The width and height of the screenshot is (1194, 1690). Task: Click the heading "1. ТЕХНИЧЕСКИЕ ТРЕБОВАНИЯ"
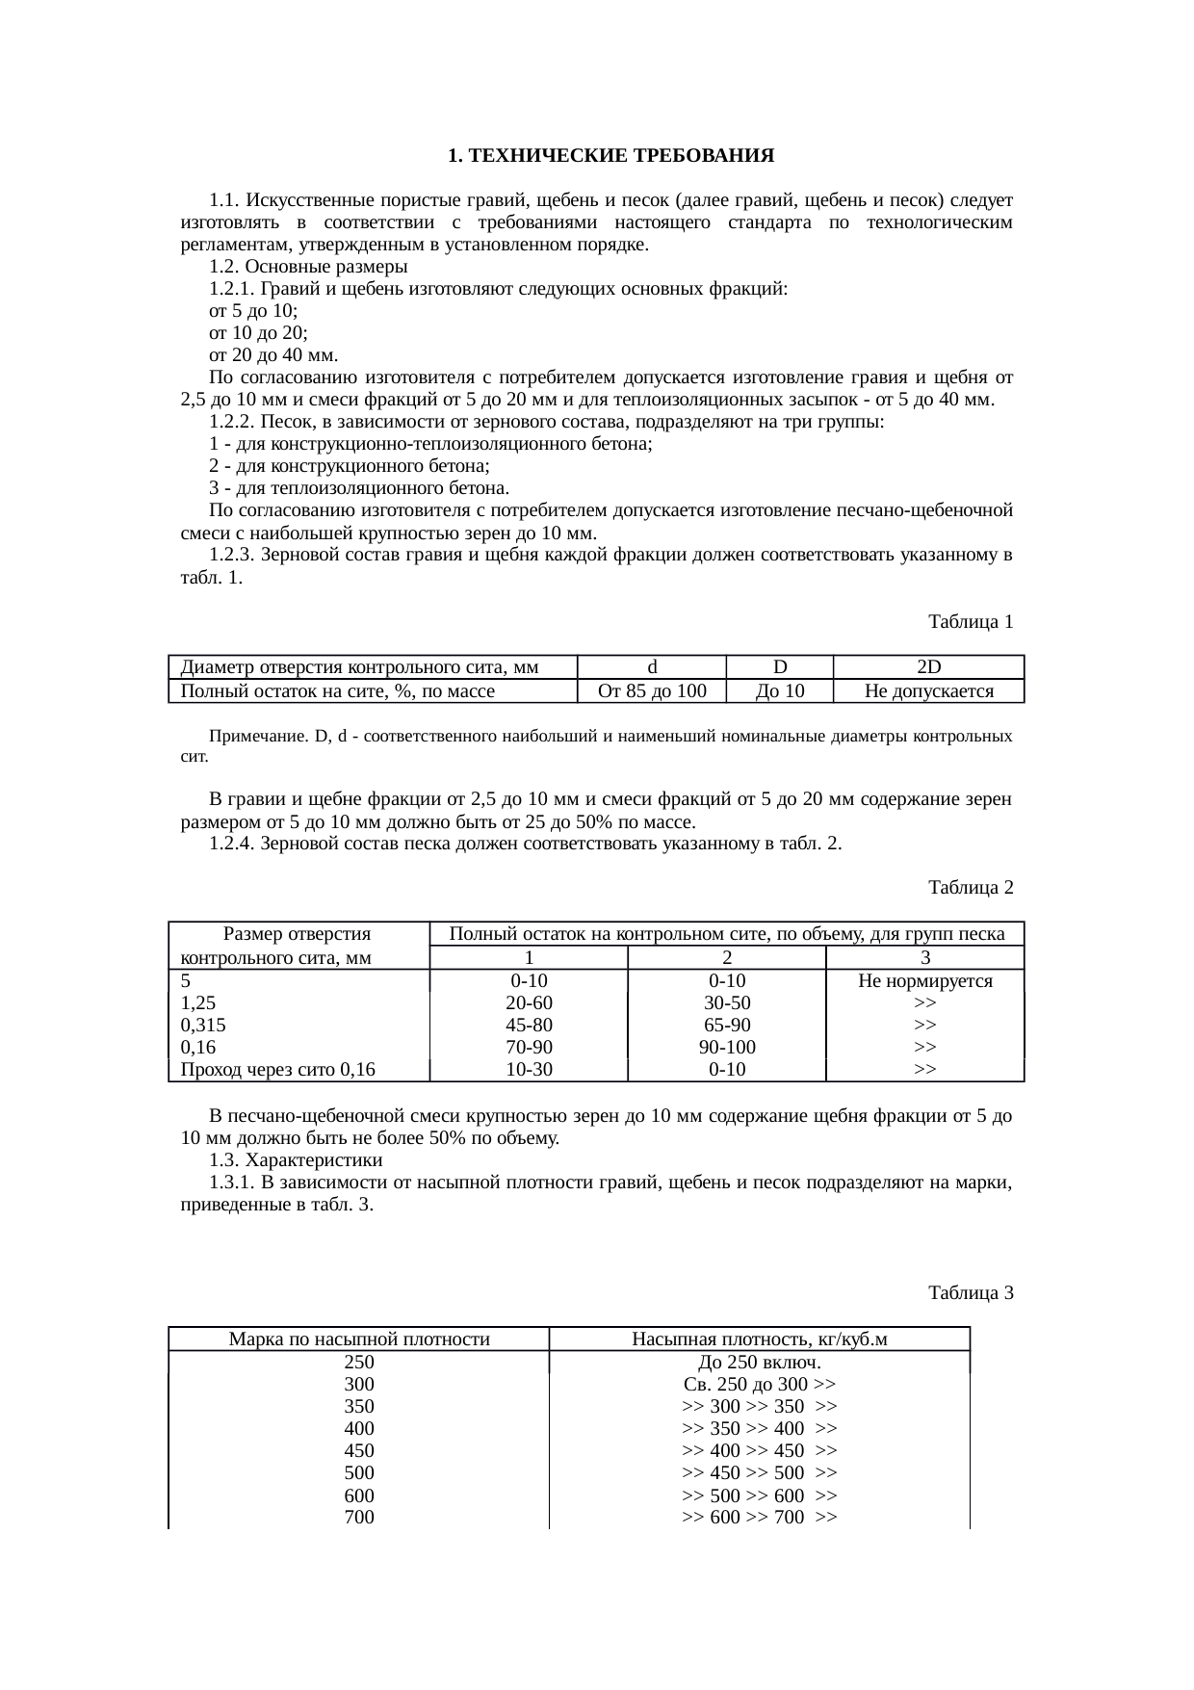[611, 155]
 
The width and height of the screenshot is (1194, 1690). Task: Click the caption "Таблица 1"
[970, 622]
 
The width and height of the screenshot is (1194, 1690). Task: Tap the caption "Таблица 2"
[970, 887]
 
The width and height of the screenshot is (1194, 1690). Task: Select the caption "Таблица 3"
[970, 1292]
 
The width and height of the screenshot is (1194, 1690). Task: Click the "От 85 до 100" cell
[652, 690]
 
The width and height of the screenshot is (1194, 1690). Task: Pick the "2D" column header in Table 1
[928, 667]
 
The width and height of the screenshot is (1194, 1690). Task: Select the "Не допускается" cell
[928, 690]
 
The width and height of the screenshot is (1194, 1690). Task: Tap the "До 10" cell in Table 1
[780, 690]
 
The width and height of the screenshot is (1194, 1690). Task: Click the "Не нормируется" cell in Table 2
[924, 980]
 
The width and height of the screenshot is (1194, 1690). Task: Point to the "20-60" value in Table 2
[529, 1002]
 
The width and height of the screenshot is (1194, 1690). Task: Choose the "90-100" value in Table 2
[727, 1047]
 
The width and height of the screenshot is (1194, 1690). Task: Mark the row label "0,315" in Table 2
[204, 1025]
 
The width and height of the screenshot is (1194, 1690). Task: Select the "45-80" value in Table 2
[529, 1025]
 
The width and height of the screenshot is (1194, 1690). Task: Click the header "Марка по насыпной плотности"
[359, 1339]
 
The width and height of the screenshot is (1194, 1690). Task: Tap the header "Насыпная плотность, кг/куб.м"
[759, 1339]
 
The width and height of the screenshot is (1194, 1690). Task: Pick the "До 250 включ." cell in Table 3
[759, 1363]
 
